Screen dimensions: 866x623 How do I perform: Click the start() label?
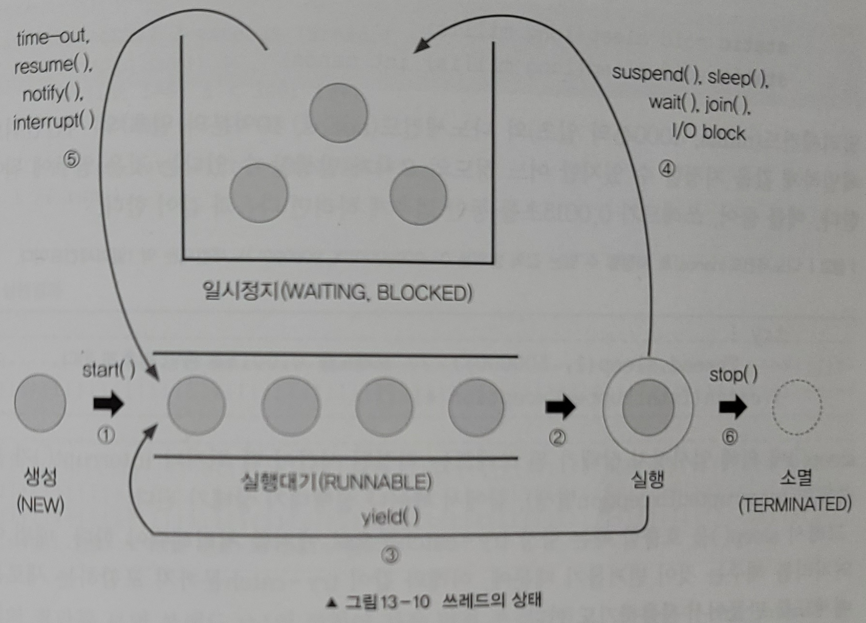(108, 370)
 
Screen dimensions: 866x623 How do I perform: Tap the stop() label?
(733, 374)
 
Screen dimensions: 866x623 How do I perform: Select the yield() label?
(390, 517)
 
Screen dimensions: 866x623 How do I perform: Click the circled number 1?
(106, 435)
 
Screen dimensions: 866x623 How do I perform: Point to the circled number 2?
(557, 438)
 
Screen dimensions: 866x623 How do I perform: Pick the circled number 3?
(390, 555)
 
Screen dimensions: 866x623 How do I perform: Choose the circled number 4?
(667, 169)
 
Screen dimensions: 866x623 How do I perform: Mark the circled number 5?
(71, 159)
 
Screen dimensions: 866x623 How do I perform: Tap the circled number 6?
(730, 436)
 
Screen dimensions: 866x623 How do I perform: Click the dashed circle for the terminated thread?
(797, 407)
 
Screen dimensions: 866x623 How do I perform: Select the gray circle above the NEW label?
(40, 403)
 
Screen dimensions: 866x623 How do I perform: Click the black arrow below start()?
(108, 403)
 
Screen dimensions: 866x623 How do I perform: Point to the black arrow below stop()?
(733, 407)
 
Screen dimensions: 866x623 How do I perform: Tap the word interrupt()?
(53, 121)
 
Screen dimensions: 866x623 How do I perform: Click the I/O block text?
(709, 132)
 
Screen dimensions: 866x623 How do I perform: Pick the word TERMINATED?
(795, 504)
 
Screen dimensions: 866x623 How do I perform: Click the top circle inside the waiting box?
(338, 113)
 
